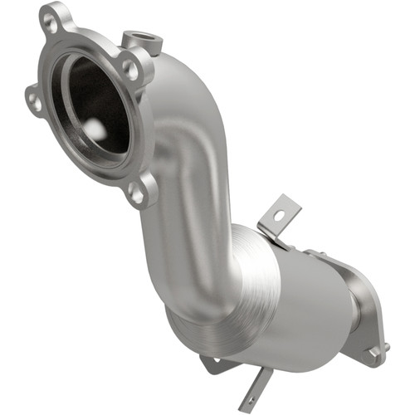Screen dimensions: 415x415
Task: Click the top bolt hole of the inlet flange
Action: tap(53, 23)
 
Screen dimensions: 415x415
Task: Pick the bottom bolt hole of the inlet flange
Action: tap(135, 194)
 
